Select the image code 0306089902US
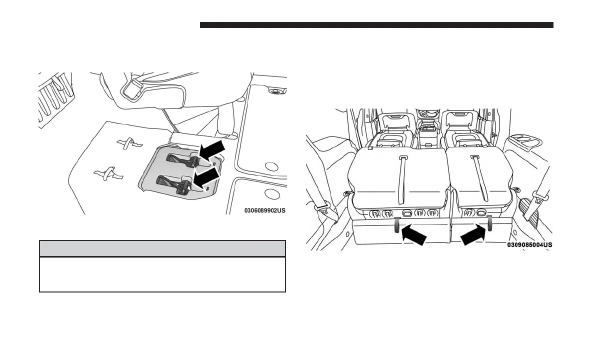point(264,210)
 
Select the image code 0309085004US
point(529,245)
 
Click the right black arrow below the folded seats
point(472,234)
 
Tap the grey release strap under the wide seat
point(397,225)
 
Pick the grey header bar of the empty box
point(162,248)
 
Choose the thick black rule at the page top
point(376,25)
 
